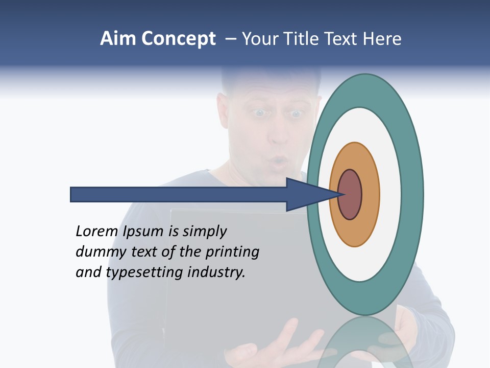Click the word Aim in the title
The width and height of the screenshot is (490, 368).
tap(118, 39)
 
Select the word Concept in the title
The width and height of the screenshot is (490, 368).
tap(179, 39)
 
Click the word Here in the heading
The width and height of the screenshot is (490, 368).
tap(383, 39)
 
